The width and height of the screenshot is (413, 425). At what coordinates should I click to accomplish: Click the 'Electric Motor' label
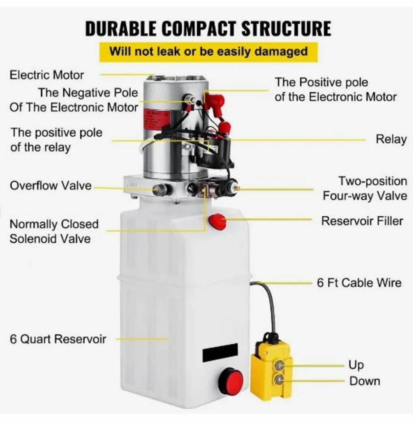coord(46,75)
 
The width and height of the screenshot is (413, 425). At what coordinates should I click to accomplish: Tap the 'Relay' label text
coord(391,139)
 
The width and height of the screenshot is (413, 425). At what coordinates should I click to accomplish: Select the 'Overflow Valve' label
coord(50,186)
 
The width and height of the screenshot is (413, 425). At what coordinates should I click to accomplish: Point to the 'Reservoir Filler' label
coord(362,221)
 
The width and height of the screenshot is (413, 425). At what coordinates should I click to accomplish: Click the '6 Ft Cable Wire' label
coord(359,283)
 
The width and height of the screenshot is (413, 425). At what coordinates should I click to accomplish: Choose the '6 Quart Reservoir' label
coord(58,339)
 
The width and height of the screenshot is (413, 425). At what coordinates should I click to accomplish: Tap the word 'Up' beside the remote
coord(356,364)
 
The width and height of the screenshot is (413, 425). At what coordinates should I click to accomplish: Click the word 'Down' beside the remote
coord(364,381)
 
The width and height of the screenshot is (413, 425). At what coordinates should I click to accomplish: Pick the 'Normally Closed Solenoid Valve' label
coord(54,231)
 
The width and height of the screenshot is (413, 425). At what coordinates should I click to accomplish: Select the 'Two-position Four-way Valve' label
coord(365,188)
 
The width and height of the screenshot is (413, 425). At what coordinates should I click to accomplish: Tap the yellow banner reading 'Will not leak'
coord(208,52)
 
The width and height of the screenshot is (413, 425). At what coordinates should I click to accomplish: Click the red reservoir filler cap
coord(217,222)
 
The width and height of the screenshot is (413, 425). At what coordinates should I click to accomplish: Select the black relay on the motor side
coord(216,156)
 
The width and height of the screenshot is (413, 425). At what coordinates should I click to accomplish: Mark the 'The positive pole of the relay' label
coord(56,140)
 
